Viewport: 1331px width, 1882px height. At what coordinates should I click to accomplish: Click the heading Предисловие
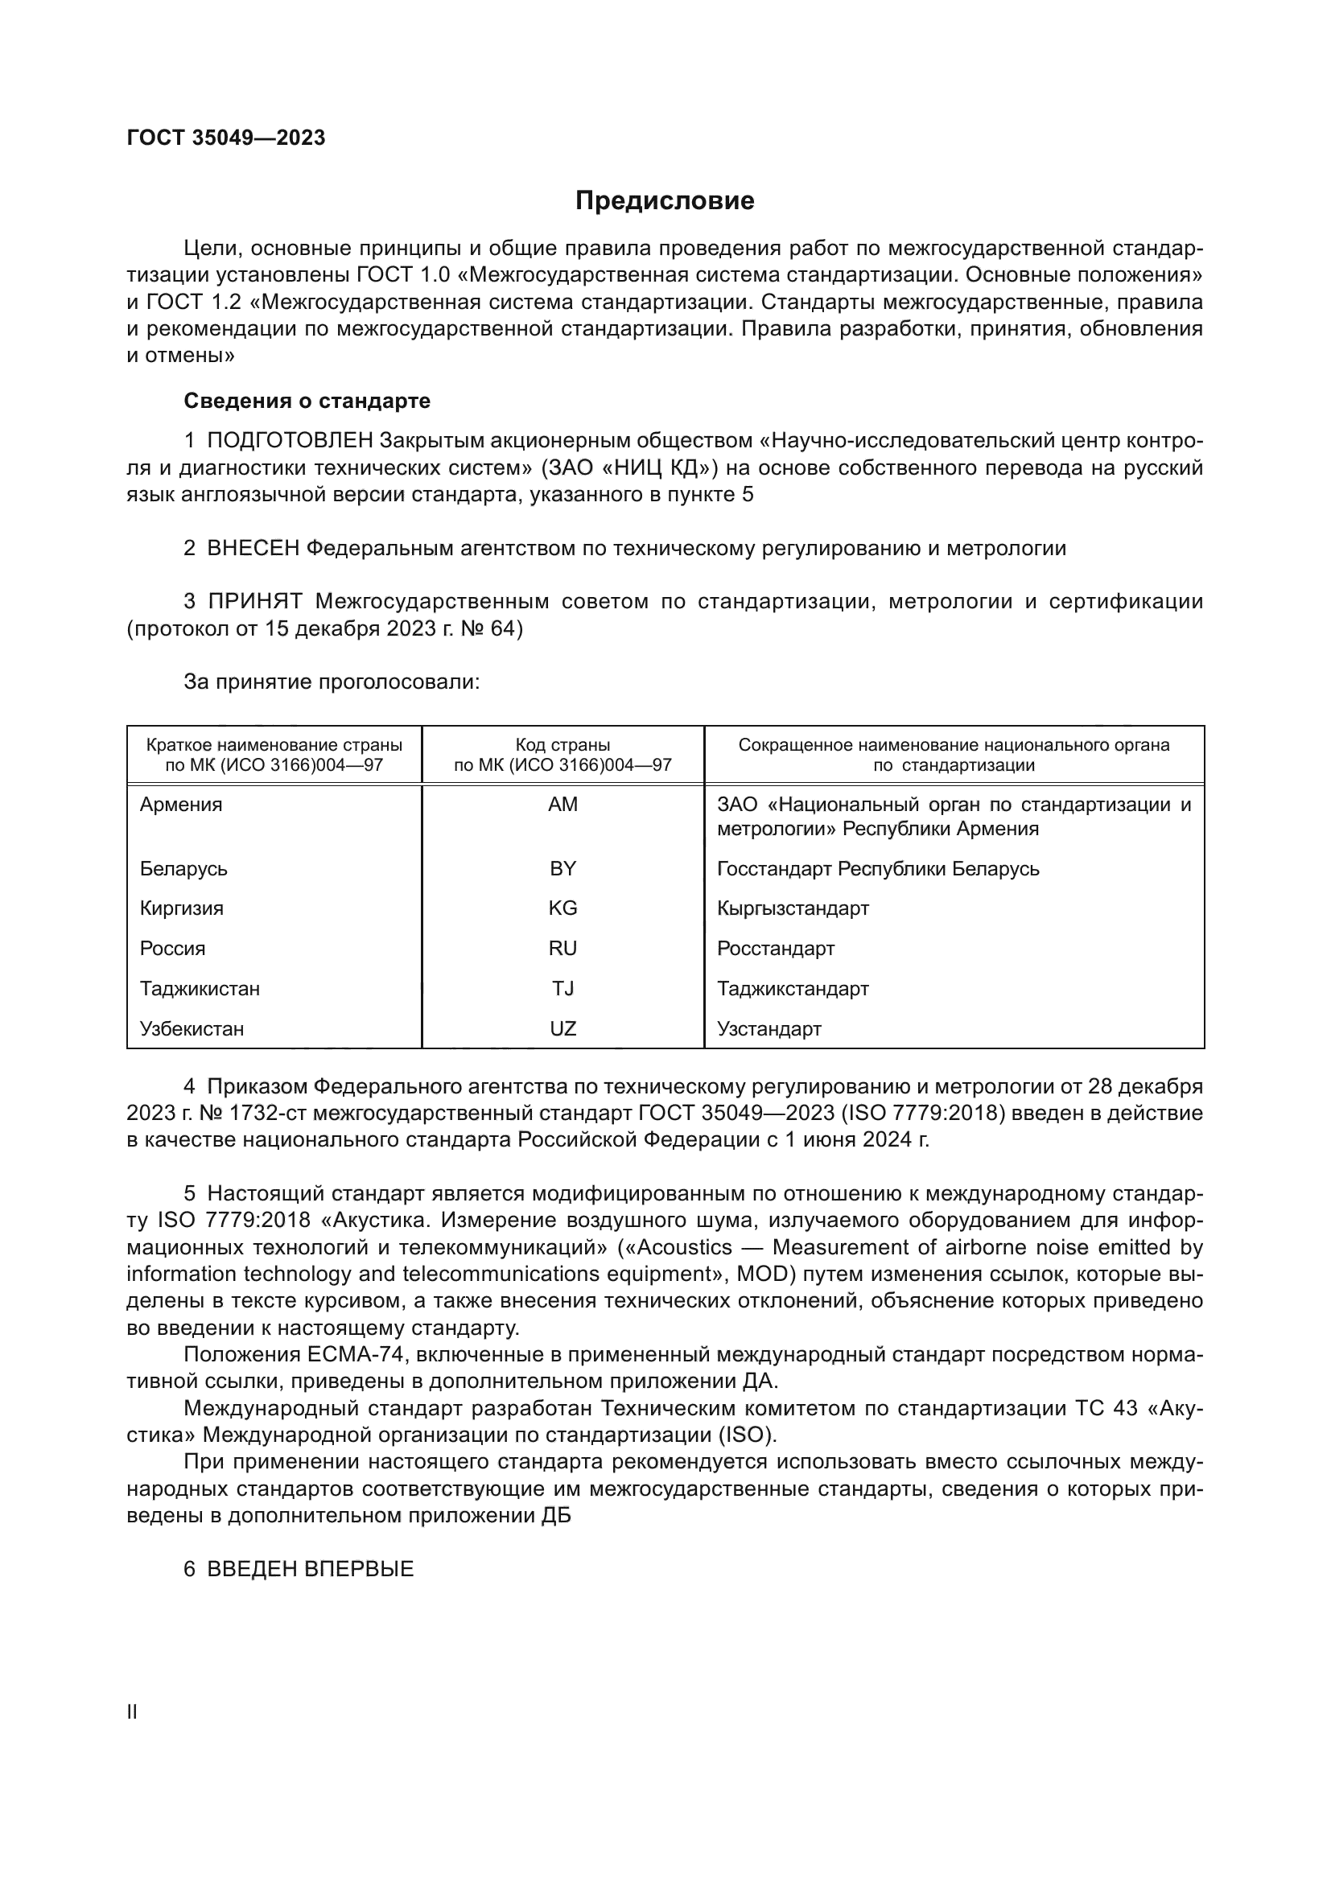click(x=664, y=201)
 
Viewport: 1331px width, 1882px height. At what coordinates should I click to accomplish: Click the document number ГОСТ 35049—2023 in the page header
click(x=226, y=138)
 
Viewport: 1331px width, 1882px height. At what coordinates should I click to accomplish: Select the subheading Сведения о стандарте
click(x=307, y=401)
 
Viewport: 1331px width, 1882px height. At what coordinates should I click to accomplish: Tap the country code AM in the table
click(x=562, y=804)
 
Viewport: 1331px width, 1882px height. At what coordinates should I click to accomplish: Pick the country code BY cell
click(x=562, y=868)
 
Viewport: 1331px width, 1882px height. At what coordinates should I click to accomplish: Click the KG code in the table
click(x=562, y=908)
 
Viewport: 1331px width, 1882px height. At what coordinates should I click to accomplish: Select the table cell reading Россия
click(x=172, y=949)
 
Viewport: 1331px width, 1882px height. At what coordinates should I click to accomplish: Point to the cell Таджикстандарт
click(x=793, y=989)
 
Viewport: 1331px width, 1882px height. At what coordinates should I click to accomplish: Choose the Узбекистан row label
click(x=192, y=1029)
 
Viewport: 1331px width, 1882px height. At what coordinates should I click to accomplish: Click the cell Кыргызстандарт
click(x=793, y=908)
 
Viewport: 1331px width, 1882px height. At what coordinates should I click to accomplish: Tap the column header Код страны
click(x=562, y=745)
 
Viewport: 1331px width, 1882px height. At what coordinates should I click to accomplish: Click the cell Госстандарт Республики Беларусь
click(x=877, y=868)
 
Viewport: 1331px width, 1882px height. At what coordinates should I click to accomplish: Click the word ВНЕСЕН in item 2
click(x=253, y=549)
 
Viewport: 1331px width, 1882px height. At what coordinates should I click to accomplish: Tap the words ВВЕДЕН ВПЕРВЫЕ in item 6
click(x=310, y=1569)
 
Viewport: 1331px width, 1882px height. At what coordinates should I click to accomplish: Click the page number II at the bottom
click(x=132, y=1711)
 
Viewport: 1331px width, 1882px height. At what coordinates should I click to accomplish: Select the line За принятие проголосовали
click(x=331, y=682)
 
